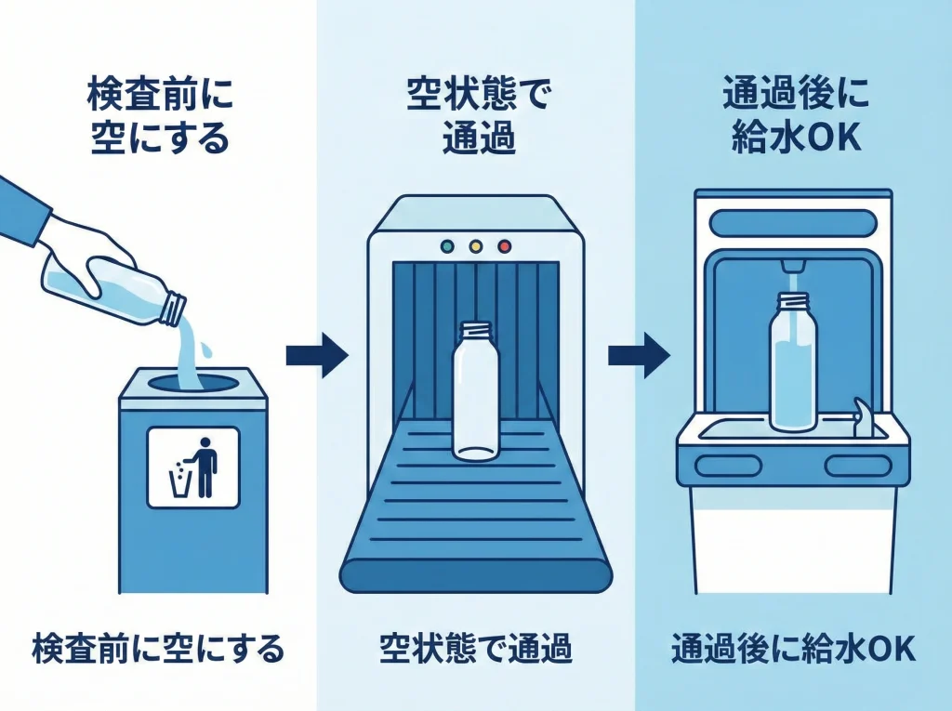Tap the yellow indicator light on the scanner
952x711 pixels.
pos(477,246)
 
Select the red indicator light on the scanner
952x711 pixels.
pos(505,246)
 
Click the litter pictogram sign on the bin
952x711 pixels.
pos(193,467)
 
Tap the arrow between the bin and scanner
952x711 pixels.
pos(316,355)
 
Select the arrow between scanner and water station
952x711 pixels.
pos(639,355)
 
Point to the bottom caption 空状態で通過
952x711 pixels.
pos(475,649)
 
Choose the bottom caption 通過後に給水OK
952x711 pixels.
pos(793,649)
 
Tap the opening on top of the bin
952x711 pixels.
pos(192,381)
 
